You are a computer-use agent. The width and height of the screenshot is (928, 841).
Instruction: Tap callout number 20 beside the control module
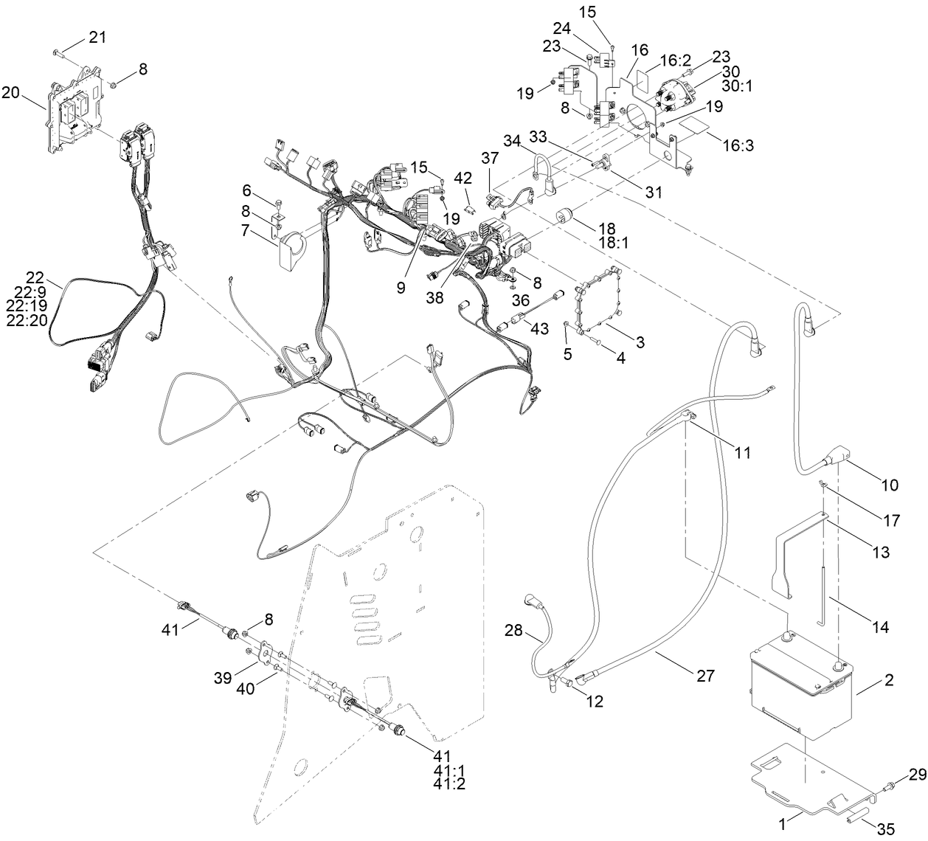[x=10, y=92]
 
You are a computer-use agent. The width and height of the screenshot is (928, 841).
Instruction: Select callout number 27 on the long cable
[x=705, y=676]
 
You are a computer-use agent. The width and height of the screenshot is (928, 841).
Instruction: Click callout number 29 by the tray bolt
[x=916, y=774]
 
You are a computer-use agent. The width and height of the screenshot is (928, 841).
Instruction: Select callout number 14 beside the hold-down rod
[x=879, y=627]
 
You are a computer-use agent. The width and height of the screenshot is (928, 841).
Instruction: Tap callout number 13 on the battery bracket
[x=879, y=553]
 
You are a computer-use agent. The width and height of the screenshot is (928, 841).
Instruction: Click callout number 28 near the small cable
[x=513, y=630]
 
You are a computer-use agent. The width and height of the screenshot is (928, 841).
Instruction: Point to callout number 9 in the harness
[x=401, y=287]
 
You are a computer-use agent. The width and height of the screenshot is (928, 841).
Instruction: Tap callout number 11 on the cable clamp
[x=742, y=452]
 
